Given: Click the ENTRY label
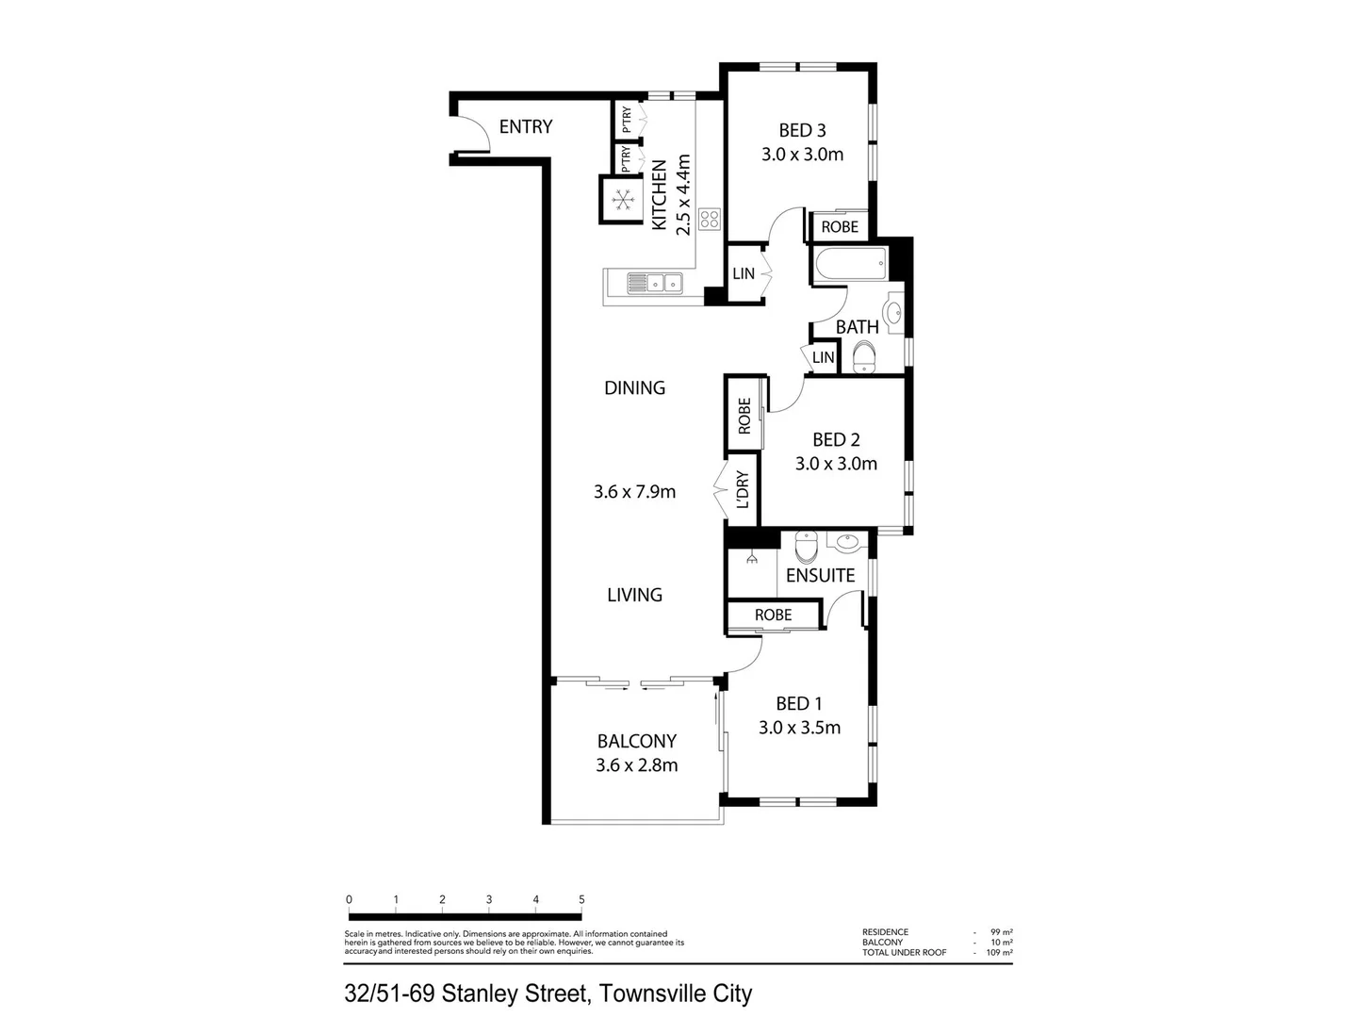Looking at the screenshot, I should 525,126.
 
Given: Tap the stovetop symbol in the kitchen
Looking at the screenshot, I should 710,220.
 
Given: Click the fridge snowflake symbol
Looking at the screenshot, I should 621,199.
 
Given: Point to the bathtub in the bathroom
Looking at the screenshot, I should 849,265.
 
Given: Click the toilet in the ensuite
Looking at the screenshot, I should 808,546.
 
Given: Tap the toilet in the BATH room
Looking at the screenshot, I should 862,357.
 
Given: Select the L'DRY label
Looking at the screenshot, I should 743,490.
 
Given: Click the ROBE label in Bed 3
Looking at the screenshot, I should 840,227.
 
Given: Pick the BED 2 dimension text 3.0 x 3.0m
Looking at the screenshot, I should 836,464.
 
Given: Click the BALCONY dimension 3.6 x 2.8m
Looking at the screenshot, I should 636,765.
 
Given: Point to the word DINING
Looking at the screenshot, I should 634,387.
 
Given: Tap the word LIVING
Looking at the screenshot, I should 634,595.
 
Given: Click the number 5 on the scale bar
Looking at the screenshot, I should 581,899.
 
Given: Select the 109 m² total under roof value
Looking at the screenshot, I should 1001,953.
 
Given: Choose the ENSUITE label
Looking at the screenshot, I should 820,575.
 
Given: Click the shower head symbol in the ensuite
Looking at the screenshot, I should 752,559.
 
